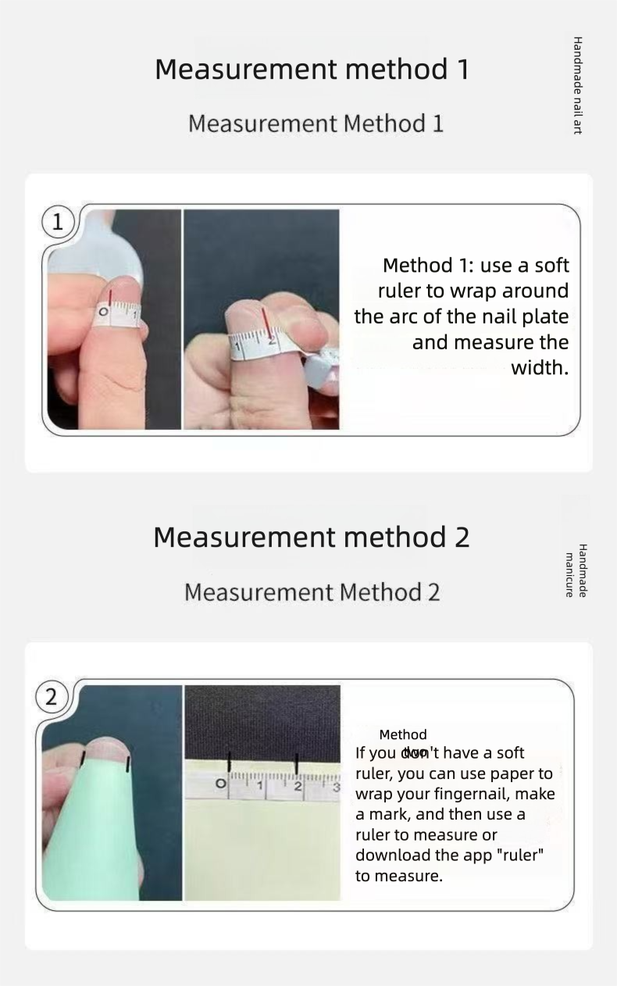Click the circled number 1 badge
(x=57, y=223)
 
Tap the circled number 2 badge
(x=52, y=697)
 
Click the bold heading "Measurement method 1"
(x=312, y=69)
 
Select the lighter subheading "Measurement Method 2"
(x=312, y=592)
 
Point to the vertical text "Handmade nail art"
(x=578, y=85)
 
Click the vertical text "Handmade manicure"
(x=576, y=570)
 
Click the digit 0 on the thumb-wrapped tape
(x=102, y=314)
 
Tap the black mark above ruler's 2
(x=297, y=763)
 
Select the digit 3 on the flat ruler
(x=336, y=788)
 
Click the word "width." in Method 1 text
(x=540, y=368)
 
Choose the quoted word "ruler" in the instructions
(x=519, y=856)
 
